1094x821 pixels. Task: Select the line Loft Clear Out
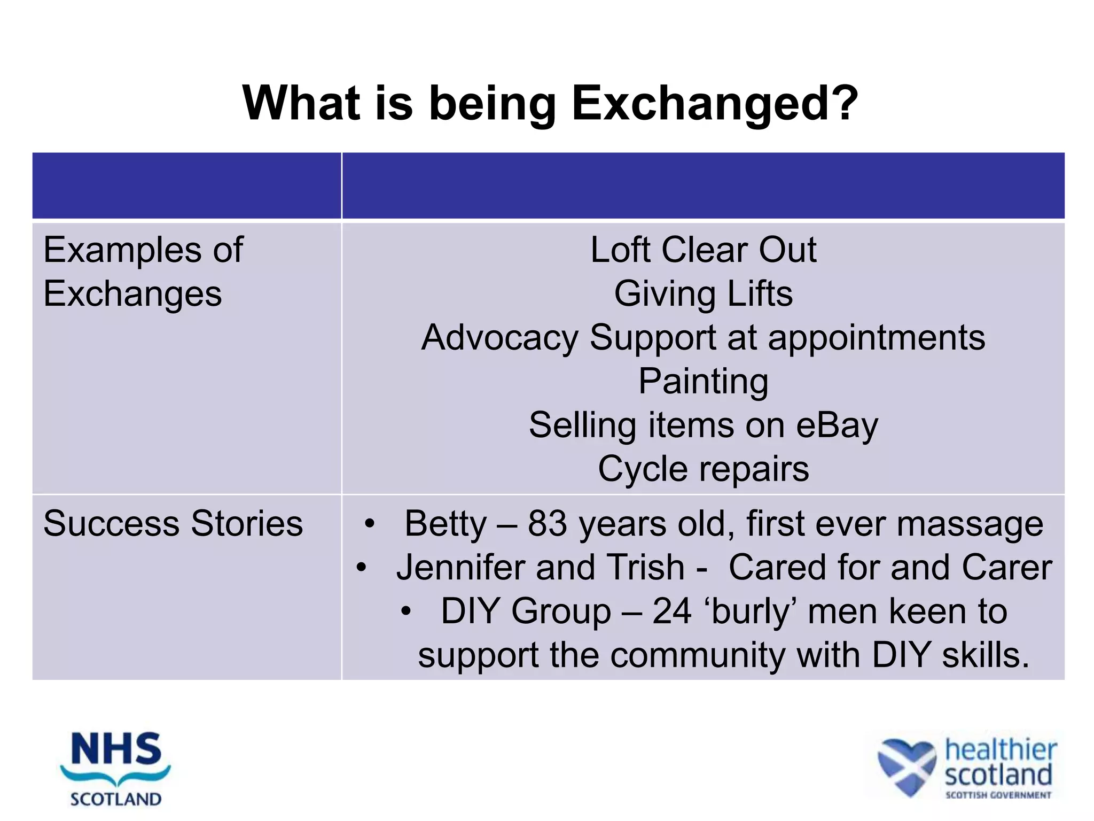tap(703, 250)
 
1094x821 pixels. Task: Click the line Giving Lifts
tap(703, 294)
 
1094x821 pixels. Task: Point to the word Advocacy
tap(499, 338)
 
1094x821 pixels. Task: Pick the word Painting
tap(703, 382)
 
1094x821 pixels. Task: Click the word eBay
tap(837, 425)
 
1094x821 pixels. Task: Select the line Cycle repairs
tap(703, 469)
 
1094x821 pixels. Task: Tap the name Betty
tap(446, 523)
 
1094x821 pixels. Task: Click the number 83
tap(547, 523)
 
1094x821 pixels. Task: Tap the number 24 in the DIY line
tap(672, 611)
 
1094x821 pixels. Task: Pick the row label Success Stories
tap(173, 523)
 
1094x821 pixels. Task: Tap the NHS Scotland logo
tap(115, 769)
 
